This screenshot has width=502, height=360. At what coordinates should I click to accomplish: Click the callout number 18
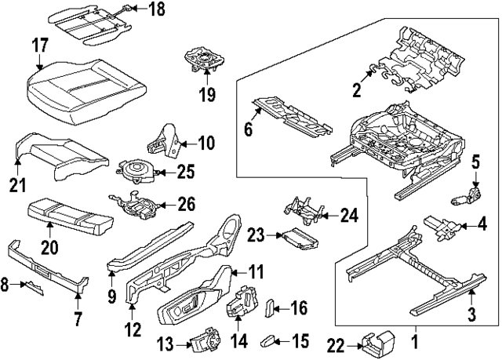click(157, 10)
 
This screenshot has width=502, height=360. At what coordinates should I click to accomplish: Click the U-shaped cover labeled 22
click(377, 342)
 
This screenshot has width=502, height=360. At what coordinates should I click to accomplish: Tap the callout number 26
click(186, 205)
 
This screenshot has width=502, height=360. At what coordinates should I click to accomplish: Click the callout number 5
click(475, 162)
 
